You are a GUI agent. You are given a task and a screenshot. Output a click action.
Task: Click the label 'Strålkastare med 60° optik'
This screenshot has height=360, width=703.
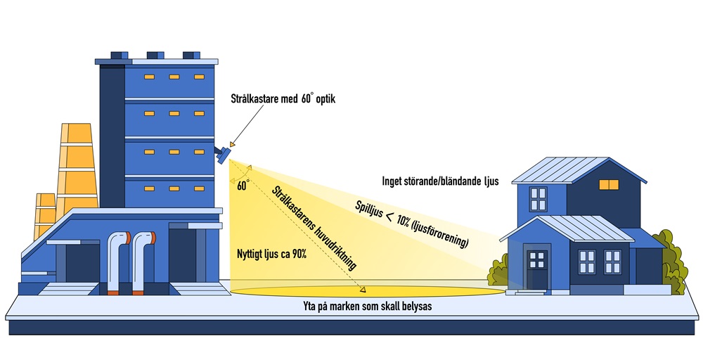283,99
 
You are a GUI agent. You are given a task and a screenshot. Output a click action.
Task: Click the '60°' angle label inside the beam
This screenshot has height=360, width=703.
243,186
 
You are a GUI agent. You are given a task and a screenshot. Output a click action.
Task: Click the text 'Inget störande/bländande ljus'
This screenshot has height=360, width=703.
439,181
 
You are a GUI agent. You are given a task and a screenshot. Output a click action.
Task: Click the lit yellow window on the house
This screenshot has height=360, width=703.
607,184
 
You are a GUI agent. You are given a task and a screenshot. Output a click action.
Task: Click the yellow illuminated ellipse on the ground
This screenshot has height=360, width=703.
366,290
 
